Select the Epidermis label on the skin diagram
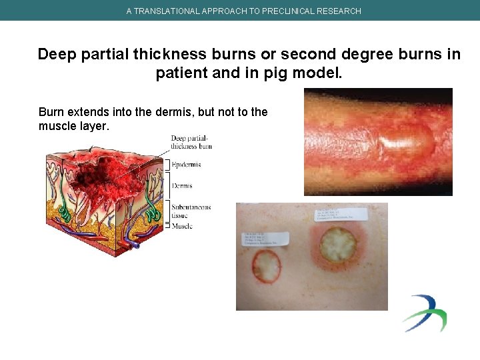tap(186, 164)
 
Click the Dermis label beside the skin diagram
tap(182, 186)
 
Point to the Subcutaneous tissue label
tap(191, 211)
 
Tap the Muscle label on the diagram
tap(182, 226)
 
